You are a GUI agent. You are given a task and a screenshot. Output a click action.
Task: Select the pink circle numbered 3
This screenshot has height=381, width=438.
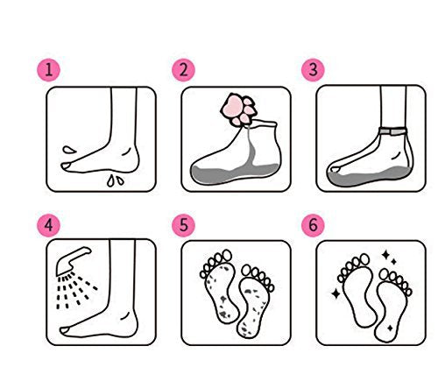(x=311, y=69)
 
